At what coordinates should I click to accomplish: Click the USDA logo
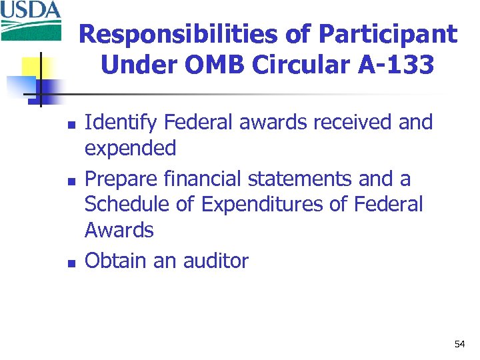pyautogui.click(x=31, y=20)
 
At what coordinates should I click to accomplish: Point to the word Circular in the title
pyautogui.click(x=312, y=65)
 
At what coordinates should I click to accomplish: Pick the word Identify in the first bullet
pyautogui.click(x=121, y=123)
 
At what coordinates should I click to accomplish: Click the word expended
pyautogui.click(x=130, y=149)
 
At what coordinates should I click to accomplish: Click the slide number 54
pyautogui.click(x=459, y=344)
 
